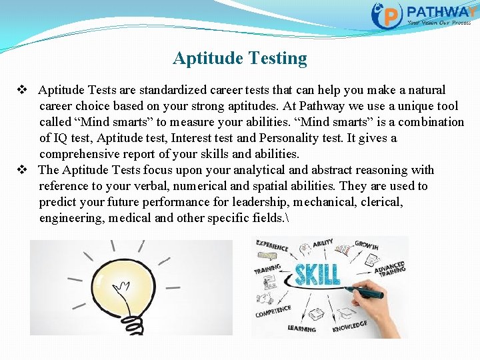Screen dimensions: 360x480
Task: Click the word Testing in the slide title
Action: [278, 59]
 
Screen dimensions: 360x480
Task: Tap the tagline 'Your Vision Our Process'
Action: [439, 22]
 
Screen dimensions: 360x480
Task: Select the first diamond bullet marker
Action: [21, 90]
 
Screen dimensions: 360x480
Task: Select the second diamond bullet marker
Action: [21, 170]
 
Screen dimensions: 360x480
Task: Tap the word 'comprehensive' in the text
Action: [82, 154]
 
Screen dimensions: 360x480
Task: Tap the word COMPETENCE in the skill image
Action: [273, 311]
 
